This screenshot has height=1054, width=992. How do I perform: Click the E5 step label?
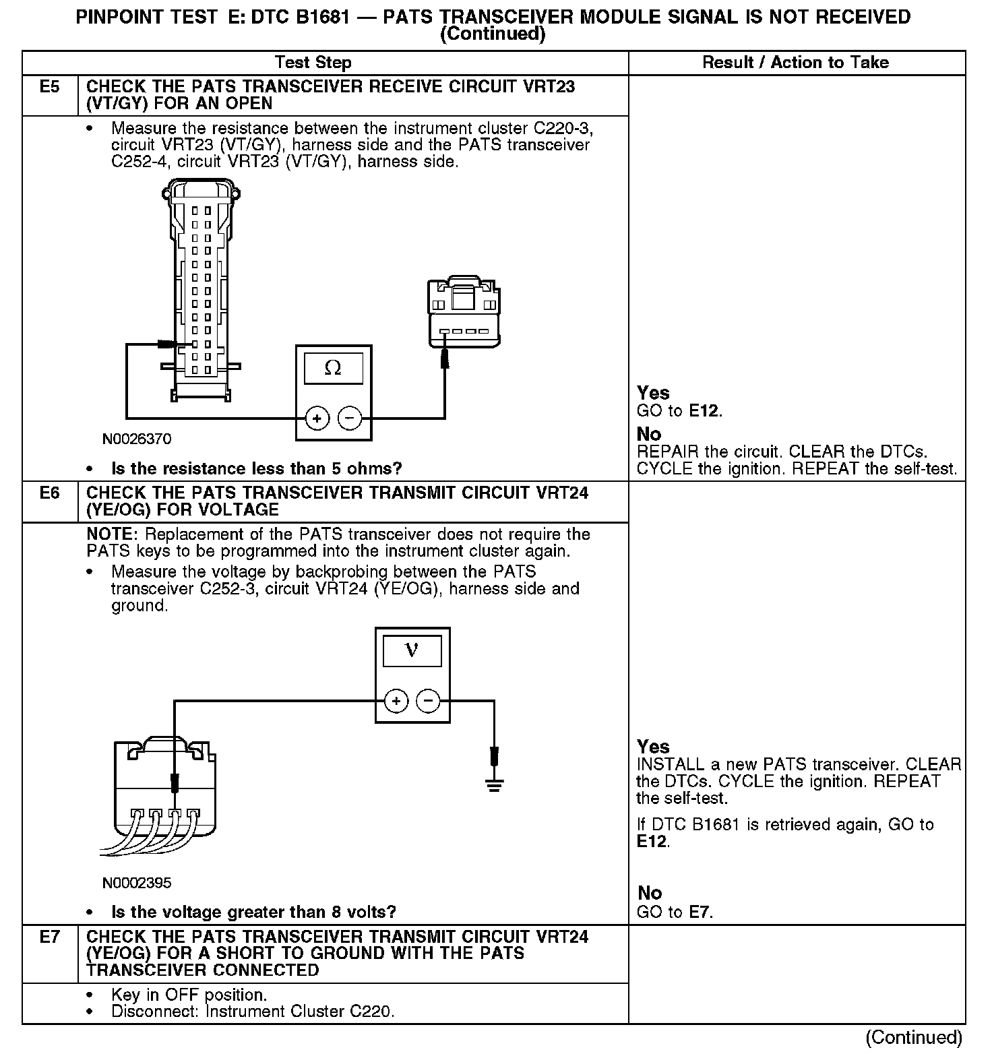[x=50, y=87]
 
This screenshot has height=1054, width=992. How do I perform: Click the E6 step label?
[x=50, y=493]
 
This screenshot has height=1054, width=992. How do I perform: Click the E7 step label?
[x=50, y=937]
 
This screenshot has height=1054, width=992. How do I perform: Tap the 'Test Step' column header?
[x=313, y=63]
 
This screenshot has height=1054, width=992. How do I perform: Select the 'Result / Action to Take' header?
[x=795, y=63]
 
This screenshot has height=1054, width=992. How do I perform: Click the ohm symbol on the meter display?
[x=333, y=368]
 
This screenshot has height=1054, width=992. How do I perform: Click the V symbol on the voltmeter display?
[x=412, y=650]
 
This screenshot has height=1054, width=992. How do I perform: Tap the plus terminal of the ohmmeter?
[x=317, y=418]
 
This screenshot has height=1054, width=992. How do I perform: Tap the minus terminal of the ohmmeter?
[x=349, y=418]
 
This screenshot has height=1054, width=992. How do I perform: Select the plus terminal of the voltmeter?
[x=396, y=702]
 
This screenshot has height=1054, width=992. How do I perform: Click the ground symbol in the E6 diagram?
[x=494, y=783]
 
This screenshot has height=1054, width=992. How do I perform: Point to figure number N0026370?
[x=137, y=439]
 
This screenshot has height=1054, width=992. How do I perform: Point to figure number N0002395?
[x=137, y=883]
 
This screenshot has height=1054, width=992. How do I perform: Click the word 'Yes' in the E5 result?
[x=653, y=393]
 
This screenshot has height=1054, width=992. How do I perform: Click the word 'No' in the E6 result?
[x=650, y=893]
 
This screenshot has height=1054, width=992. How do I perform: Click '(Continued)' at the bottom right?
[x=914, y=1037]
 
